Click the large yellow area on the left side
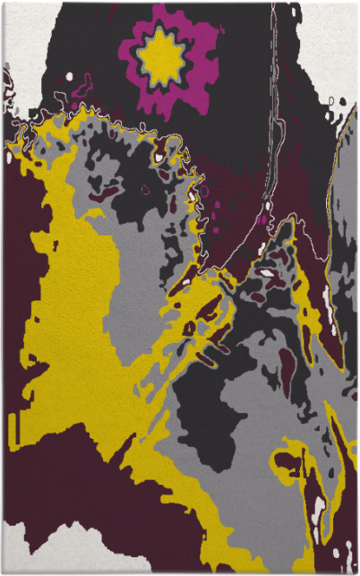click(x=72, y=296)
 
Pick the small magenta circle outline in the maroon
click(x=204, y=190)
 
